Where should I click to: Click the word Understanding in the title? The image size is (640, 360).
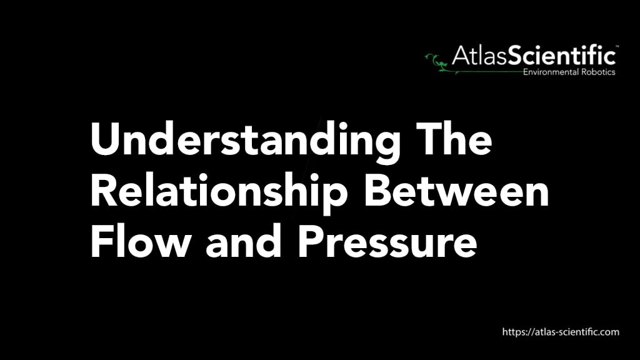(x=245, y=141)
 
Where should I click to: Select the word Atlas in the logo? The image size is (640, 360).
(x=479, y=55)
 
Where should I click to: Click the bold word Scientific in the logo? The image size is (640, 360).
(x=562, y=55)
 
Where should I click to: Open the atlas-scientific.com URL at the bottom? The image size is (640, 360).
(x=561, y=332)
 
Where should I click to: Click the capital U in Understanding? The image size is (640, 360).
(x=106, y=139)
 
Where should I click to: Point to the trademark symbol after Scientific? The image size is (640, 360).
(x=617, y=46)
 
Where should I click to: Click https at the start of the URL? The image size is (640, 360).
(x=514, y=332)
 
